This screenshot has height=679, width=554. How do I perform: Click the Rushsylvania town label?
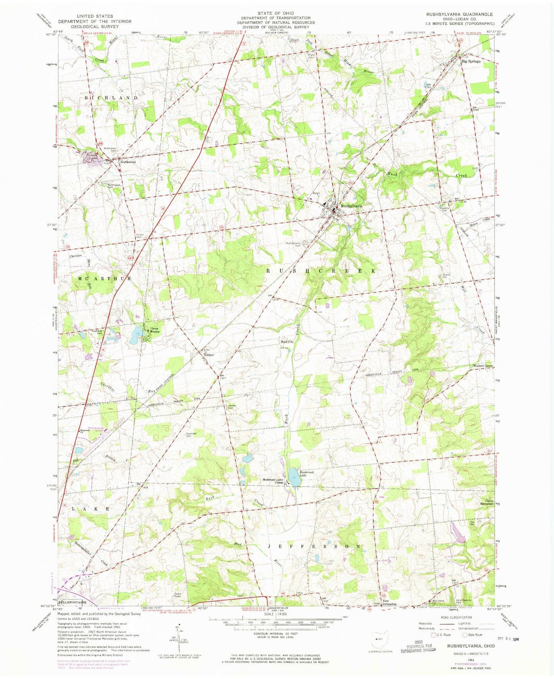[x=351, y=206]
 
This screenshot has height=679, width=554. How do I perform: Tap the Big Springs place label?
[x=471, y=61]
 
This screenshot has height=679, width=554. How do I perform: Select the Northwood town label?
[x=128, y=162]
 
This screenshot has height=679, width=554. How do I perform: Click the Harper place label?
[x=209, y=355]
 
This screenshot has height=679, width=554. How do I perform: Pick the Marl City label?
[x=287, y=341]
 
